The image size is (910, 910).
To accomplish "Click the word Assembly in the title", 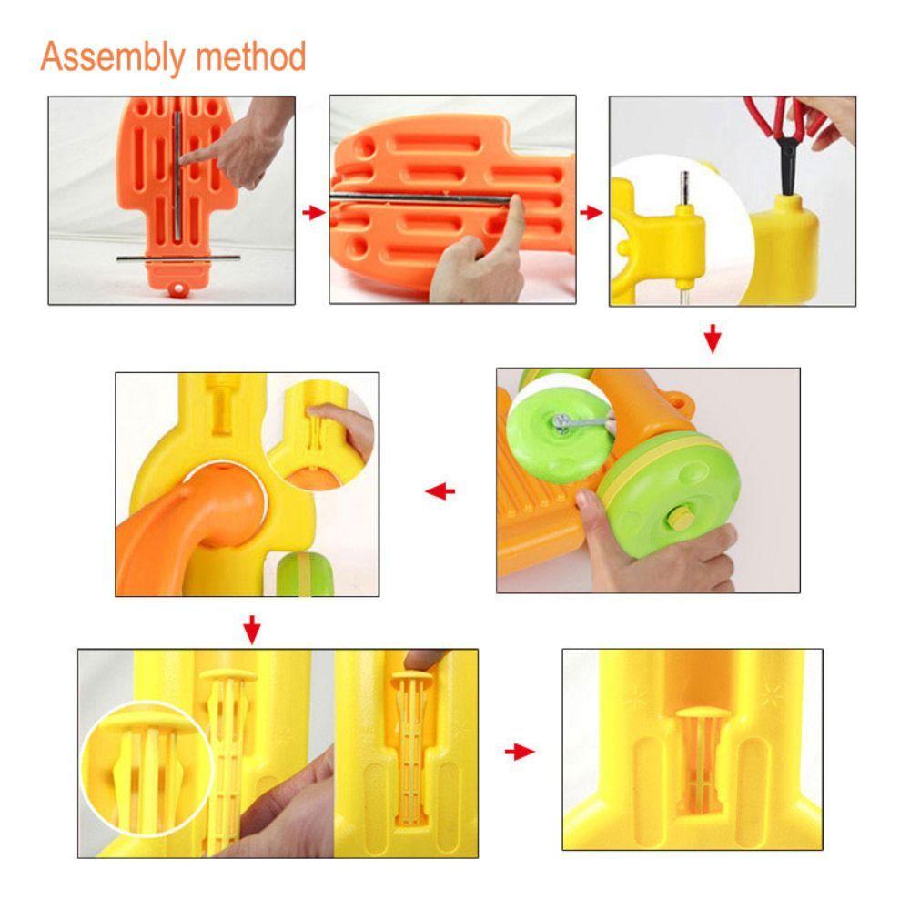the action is [111, 57].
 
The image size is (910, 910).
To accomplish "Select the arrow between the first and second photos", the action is [314, 212].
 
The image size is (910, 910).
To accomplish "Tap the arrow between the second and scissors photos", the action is [591, 212].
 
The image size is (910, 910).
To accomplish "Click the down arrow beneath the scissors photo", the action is [713, 339].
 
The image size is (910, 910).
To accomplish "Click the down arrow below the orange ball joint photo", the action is [252, 630].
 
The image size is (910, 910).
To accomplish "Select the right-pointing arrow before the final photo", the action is [520, 753].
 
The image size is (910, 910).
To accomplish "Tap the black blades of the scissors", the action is [787, 166].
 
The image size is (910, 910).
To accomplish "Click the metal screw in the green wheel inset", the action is [561, 422].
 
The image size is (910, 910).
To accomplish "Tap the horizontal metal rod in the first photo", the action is [178, 258].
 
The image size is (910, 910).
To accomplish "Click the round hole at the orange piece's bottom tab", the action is [177, 288].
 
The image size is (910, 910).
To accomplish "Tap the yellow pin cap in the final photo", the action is [698, 713].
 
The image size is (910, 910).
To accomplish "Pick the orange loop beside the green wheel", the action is [680, 400].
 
